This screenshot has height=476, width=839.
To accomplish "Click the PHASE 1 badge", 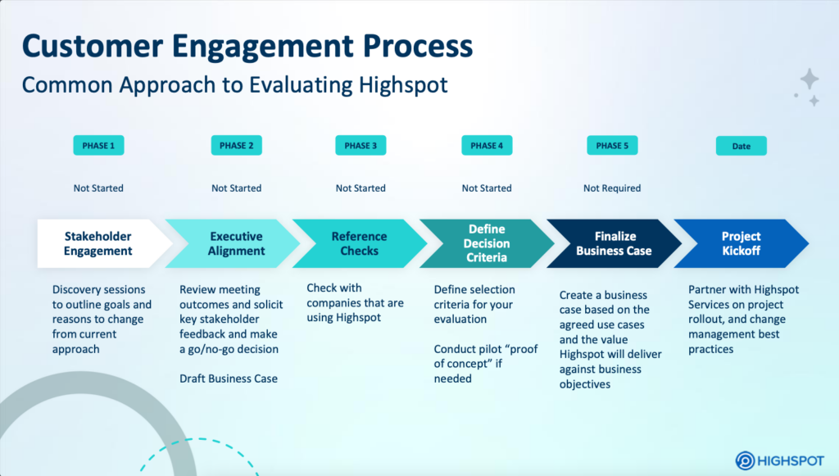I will [98, 146].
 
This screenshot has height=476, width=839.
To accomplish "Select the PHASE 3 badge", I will [360, 146].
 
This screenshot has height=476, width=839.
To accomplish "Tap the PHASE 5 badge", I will [612, 146].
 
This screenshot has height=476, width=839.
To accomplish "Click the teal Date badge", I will [741, 147].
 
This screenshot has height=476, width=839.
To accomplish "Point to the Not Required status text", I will [612, 188].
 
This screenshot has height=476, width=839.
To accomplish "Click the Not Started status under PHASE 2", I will [236, 188].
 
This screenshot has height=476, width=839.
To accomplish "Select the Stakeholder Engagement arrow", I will [98, 243].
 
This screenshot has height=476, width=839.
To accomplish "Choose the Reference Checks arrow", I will [360, 243].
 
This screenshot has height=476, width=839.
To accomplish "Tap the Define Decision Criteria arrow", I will [487, 243].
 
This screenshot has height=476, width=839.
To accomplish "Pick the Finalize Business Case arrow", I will [614, 243].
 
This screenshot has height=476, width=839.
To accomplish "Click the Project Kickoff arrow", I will [741, 243].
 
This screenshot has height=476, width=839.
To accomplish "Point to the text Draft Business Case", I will [229, 379].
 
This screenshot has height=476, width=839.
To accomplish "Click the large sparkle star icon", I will [810, 79].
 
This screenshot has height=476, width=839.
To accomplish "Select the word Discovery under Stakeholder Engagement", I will [77, 289].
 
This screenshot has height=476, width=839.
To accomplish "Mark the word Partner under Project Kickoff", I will [708, 289].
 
